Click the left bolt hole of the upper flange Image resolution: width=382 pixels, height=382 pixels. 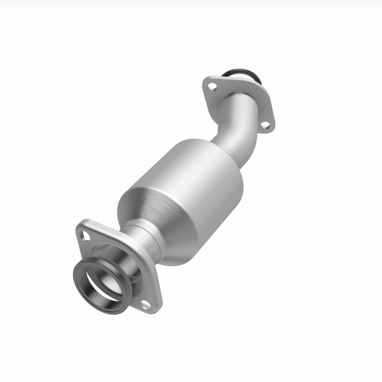coord(213,87)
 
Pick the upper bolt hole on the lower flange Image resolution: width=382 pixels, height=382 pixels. coord(86,234)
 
